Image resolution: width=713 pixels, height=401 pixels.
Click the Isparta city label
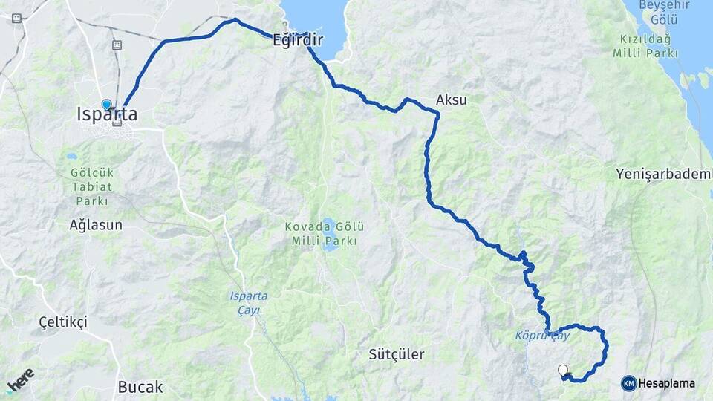point(107,115)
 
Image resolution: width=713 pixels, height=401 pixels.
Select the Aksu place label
point(452,100)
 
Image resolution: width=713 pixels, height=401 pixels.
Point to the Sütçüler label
point(397,354)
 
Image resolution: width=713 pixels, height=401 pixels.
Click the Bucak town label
point(140,387)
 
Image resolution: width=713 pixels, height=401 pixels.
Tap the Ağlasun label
point(96,224)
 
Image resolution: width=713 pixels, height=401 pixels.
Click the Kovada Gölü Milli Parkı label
point(325,233)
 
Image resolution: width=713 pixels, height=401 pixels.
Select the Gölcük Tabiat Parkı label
point(92,186)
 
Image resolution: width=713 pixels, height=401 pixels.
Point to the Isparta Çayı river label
point(248,302)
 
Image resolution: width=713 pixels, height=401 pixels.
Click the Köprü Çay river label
point(542,336)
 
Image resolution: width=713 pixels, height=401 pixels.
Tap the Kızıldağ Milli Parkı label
point(645,46)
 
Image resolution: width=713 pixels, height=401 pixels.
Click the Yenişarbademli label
point(663,175)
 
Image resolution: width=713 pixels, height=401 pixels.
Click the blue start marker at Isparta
point(107,105)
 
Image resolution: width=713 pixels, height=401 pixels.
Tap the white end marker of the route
point(563,370)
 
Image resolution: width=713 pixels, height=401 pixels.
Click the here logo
point(20,381)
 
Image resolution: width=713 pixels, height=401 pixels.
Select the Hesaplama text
point(666,383)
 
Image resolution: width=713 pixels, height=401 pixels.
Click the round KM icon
point(628,383)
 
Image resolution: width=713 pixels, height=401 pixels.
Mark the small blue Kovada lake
point(327,242)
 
